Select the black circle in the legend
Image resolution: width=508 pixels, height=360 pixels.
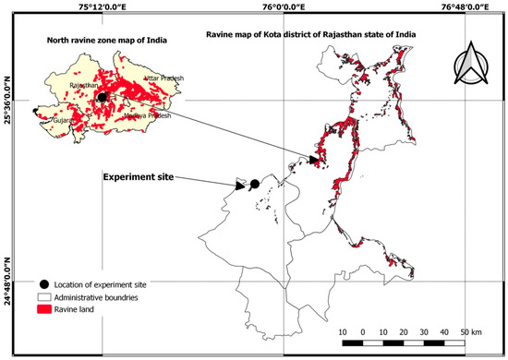[44, 284]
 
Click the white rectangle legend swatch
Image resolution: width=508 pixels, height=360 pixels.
[44, 298]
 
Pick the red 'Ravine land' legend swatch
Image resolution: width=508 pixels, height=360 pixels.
[44, 312]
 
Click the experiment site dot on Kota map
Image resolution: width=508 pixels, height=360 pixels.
[254, 185]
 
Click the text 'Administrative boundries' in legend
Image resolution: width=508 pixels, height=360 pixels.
[107, 298]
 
